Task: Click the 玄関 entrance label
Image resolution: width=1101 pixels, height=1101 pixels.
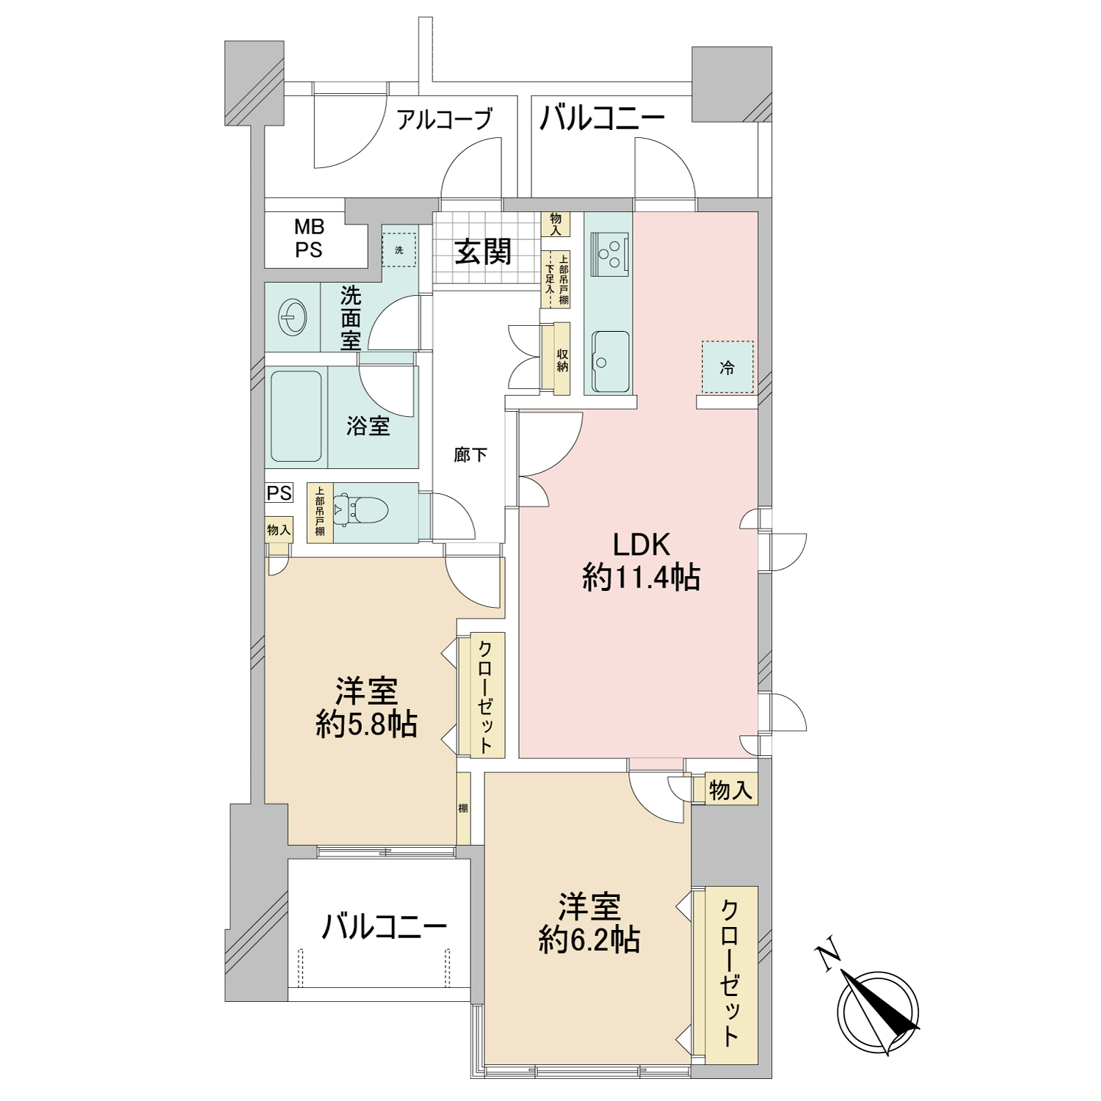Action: (482, 252)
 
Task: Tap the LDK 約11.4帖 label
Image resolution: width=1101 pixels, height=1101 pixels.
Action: (641, 562)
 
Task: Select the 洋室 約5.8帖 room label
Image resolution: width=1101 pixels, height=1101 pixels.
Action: (366, 708)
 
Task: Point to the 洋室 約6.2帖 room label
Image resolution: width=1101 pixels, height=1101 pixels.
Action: (589, 923)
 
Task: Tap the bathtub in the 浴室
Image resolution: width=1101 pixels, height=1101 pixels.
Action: (297, 416)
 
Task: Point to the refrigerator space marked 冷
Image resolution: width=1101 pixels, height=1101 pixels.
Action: (727, 367)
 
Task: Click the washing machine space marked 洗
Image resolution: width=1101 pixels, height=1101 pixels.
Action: (399, 250)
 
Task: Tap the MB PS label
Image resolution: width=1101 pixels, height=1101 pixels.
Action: (309, 239)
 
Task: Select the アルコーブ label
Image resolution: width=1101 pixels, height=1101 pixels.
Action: (444, 118)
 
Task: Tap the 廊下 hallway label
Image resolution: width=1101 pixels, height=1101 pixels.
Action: (470, 455)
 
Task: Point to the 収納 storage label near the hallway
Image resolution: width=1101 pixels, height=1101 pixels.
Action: (562, 360)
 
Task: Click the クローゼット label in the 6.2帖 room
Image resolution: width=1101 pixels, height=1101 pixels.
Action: (730, 973)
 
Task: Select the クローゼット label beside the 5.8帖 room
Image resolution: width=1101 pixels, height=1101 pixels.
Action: (485, 697)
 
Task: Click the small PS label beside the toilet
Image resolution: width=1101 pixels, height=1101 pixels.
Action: (279, 493)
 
